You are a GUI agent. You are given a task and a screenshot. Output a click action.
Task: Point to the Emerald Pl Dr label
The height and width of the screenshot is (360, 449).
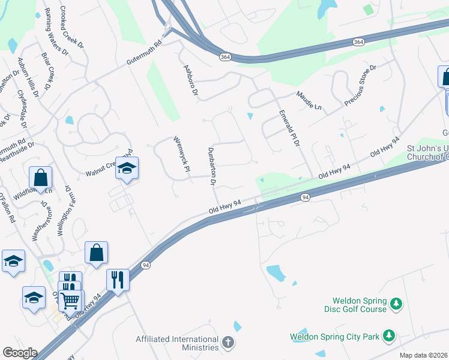tap(288, 130)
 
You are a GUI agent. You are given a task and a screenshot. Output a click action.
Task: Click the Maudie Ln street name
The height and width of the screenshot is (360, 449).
tap(309, 100)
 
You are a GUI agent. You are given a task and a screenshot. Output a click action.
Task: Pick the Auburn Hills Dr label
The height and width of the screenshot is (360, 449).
tap(28, 77)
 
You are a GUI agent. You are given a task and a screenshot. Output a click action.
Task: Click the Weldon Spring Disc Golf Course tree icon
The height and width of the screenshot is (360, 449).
tap(396, 305)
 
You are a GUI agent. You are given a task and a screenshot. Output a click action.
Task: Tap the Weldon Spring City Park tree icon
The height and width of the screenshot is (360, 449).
tap(389, 336)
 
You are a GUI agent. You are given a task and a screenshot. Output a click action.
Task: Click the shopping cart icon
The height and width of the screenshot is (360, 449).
tap(72, 299)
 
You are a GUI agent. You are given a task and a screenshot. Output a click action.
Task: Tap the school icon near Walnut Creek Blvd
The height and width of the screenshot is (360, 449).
tap(127, 169)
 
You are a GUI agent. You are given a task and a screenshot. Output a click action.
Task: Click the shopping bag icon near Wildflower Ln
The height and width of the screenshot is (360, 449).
tap(40, 178)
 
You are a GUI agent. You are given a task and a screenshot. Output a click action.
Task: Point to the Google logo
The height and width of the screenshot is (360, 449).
tap(20, 353)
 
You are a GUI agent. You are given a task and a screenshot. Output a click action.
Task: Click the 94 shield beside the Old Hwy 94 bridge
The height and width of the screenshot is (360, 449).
tap(306, 197)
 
